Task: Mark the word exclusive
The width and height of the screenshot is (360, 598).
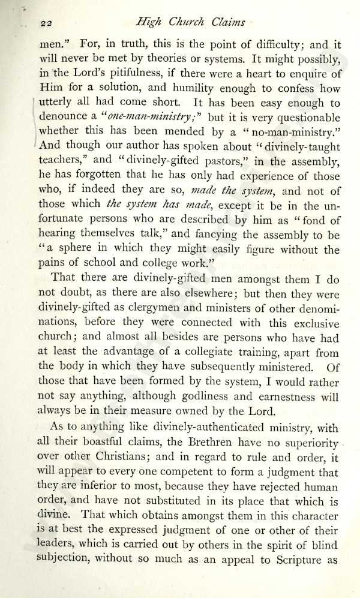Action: [x=315, y=323]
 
